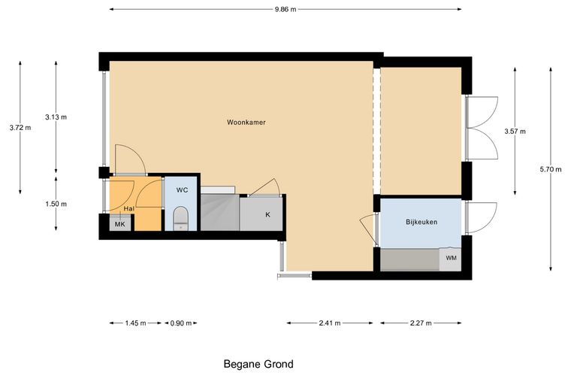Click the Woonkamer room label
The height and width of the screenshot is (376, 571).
click(246, 123)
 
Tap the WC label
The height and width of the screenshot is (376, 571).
click(182, 190)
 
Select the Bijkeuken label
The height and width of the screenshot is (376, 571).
click(421, 222)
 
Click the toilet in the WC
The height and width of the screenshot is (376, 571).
click(180, 219)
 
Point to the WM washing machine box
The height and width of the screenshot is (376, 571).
click(451, 259)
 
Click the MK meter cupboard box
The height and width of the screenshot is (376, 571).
click(120, 223)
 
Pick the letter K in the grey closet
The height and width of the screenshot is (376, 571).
click(267, 215)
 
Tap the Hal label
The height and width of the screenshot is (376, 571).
click(129, 209)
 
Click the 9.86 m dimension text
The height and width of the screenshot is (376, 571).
click(285, 10)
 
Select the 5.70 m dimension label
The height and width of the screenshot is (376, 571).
click(550, 169)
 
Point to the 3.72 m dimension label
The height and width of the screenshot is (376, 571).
click(20, 128)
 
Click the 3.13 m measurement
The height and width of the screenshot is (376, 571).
click(56, 117)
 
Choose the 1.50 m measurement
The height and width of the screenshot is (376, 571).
click(56, 204)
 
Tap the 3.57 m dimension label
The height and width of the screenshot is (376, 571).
click(515, 132)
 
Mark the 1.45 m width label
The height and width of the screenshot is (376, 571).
click(135, 323)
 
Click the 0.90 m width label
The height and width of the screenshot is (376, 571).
click(181, 323)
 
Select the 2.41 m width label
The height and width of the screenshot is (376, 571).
click(330, 323)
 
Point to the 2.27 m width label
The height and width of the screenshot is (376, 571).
click(421, 323)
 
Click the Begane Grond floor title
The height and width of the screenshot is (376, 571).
click(258, 364)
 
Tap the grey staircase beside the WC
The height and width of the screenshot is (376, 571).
click(220, 212)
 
